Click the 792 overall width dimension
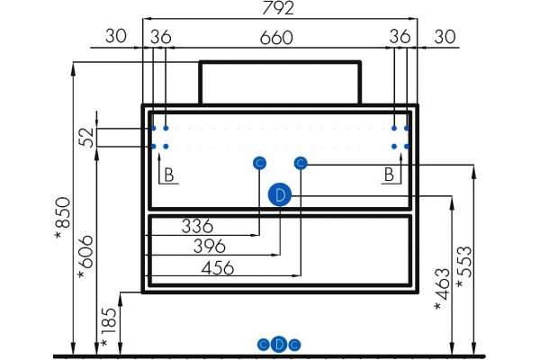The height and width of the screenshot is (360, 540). pyautogui.click(x=278, y=8)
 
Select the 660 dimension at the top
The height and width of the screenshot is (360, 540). pyautogui.click(x=276, y=38)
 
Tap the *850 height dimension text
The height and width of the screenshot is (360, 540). pyautogui.click(x=63, y=218)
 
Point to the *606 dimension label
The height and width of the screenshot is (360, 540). pyautogui.click(x=85, y=256)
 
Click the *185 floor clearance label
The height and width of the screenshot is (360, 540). pyautogui.click(x=109, y=327)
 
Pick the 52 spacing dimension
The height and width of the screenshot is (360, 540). pyautogui.click(x=86, y=138)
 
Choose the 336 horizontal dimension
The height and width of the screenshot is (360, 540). pyautogui.click(x=197, y=226)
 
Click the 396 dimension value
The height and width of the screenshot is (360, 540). pyautogui.click(x=210, y=246)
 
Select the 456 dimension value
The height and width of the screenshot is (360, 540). pyautogui.click(x=218, y=267)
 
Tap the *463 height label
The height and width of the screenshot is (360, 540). pyautogui.click(x=443, y=289)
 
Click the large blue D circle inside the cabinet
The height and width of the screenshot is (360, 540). pyautogui.click(x=280, y=195)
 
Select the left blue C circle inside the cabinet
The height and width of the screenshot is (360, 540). pyautogui.click(x=259, y=163)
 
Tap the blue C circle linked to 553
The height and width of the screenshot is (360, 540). pyautogui.click(x=301, y=163)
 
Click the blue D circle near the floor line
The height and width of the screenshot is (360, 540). pyautogui.click(x=279, y=344)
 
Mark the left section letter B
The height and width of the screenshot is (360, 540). pyautogui.click(x=169, y=175)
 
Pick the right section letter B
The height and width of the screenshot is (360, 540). pyautogui.click(x=389, y=175)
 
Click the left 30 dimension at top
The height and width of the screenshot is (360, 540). pyautogui.click(x=116, y=36)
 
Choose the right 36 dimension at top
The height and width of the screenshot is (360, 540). pyautogui.click(x=400, y=36)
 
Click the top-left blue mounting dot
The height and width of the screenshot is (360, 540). pyautogui.click(x=153, y=128)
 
